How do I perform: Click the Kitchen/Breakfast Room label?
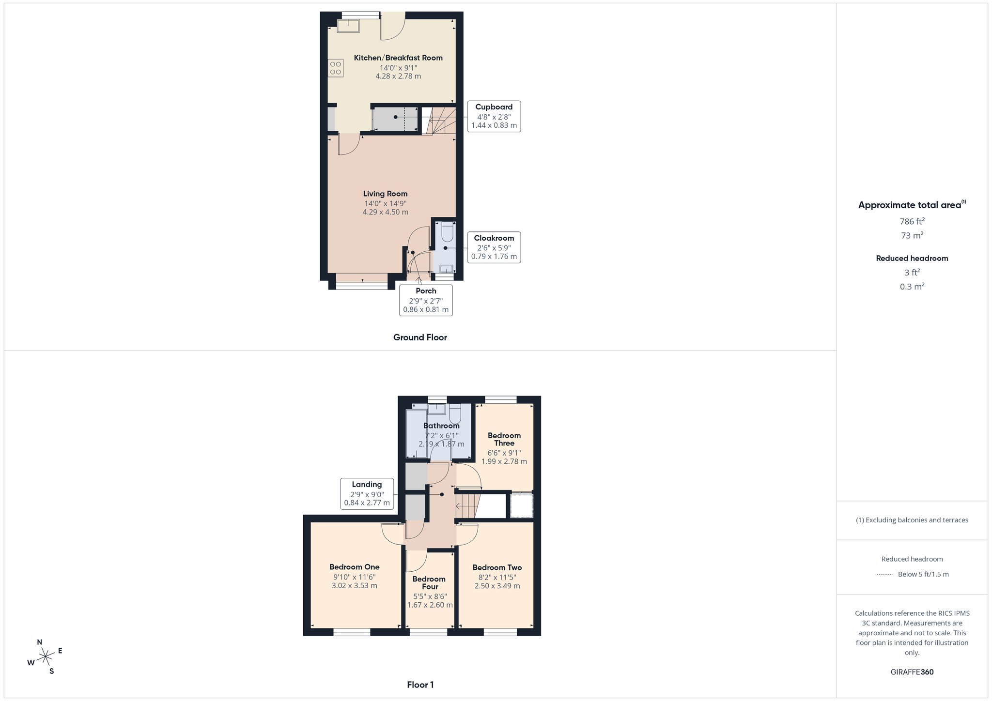398,58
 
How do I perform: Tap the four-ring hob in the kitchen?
336,68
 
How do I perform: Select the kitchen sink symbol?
348,26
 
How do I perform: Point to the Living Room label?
385,194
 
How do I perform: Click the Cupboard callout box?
494,116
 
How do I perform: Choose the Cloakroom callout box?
494,247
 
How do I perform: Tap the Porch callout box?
426,300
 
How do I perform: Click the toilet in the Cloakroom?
447,232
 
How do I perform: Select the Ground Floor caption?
420,337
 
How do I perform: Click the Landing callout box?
367,493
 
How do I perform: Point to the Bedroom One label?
354,567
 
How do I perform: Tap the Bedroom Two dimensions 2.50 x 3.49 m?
497,586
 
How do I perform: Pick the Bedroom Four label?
429,583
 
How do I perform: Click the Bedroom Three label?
504,439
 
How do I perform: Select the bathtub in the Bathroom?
416,434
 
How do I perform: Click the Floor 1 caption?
420,685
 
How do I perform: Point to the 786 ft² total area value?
912,221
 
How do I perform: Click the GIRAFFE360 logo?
912,672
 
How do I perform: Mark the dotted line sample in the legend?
884,575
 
